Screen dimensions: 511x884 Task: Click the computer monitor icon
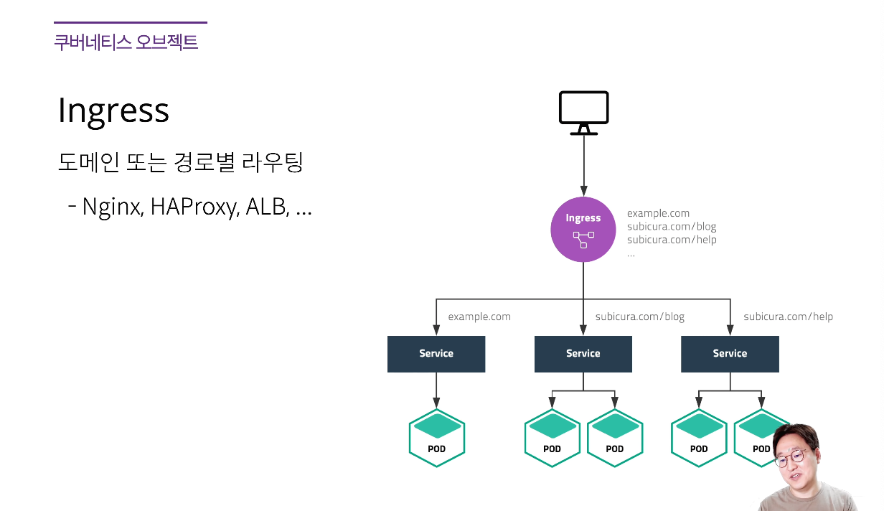(583, 113)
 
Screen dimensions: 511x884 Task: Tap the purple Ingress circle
(583, 229)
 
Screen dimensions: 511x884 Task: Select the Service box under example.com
(436, 353)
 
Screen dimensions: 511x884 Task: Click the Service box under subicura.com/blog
(583, 353)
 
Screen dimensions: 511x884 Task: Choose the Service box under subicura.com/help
(730, 353)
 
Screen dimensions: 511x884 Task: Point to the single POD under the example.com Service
(436, 438)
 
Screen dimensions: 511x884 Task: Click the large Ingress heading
(113, 111)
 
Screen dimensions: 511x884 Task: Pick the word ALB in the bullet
(266, 207)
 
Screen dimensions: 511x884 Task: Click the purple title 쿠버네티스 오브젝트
(126, 42)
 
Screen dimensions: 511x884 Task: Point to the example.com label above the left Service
(479, 317)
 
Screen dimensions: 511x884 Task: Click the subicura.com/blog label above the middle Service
(639, 317)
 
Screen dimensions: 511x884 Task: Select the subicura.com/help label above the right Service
(788, 317)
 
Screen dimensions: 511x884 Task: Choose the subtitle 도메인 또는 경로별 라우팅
(180, 163)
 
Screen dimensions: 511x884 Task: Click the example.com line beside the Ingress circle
(658, 213)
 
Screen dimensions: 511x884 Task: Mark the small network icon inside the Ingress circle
(583, 239)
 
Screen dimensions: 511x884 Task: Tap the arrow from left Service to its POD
(436, 391)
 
